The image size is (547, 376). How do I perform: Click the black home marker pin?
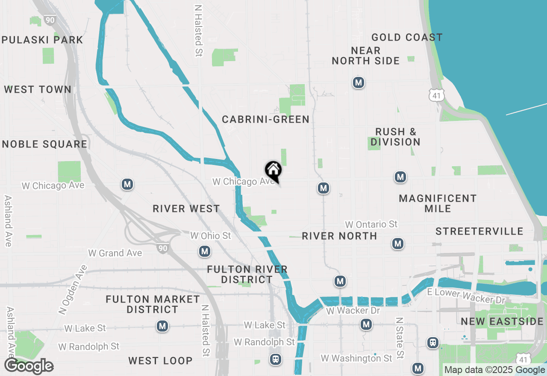coord(273,171)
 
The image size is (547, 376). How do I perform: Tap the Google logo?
coord(29,366)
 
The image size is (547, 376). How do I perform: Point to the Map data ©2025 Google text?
coord(494,370)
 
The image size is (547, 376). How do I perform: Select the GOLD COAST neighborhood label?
coord(406,38)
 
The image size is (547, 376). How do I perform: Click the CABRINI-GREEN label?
coord(265,119)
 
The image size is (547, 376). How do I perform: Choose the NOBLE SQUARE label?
coord(44,144)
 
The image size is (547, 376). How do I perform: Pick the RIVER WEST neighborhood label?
coord(186,209)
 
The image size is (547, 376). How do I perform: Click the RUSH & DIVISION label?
coord(395,137)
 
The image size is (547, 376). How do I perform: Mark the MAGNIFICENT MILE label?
coord(438,203)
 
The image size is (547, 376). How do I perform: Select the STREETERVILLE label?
coord(479,232)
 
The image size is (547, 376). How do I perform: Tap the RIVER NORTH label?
coord(339,236)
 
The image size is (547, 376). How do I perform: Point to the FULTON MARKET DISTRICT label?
coord(153,304)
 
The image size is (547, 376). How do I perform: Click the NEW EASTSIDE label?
coord(502,322)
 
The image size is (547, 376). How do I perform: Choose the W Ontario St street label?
coord(371,224)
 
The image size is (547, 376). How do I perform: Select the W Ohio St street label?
coord(210,236)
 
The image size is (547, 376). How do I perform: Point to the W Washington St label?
coord(356,358)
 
